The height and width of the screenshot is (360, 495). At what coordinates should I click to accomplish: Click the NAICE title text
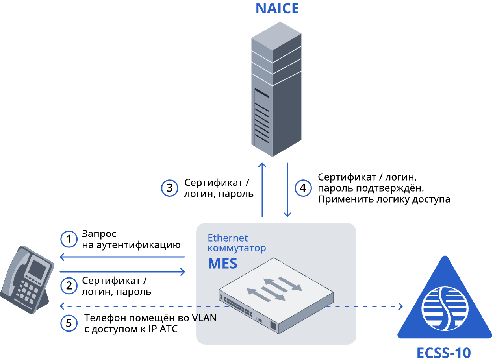pos(277,9)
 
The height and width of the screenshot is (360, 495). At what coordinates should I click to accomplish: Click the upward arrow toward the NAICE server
pos(262,189)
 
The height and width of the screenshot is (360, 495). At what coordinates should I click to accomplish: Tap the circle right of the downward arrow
pos(303,188)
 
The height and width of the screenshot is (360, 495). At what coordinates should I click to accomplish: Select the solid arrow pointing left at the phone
pos(122,257)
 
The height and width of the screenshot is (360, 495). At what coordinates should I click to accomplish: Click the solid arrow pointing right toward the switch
pos(122,271)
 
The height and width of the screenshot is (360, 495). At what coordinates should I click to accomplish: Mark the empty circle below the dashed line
pos(69,323)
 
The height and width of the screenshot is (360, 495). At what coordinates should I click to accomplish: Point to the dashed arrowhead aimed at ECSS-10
pos(400,306)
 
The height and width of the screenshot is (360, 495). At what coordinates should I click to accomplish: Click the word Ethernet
pos(228,238)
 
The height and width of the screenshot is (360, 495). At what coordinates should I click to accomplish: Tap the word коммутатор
pos(237,248)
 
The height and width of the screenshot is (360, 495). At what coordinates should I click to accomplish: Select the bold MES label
pos(222,264)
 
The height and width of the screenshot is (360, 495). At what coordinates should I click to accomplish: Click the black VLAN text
pos(206,318)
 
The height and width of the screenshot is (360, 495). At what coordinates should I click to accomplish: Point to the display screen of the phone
pos(38,269)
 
